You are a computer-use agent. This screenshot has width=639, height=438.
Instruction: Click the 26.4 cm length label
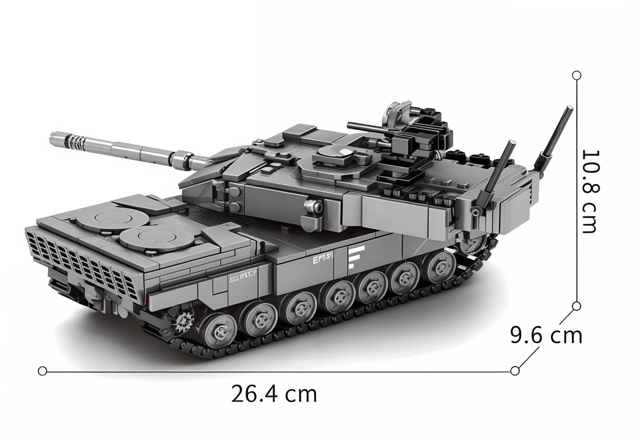[274, 394]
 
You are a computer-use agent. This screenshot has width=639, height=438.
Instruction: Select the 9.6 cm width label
[546, 335]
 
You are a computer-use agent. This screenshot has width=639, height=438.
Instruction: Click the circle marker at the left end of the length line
[42, 371]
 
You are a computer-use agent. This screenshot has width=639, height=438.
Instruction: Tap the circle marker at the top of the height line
[577, 75]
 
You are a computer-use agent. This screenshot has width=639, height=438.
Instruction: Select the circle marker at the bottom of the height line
[577, 305]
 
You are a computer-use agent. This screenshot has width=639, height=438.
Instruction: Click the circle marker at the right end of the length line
[515, 370]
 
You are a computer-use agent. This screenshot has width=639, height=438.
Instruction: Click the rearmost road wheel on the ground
[441, 267]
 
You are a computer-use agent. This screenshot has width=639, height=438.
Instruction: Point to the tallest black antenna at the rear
[555, 135]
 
